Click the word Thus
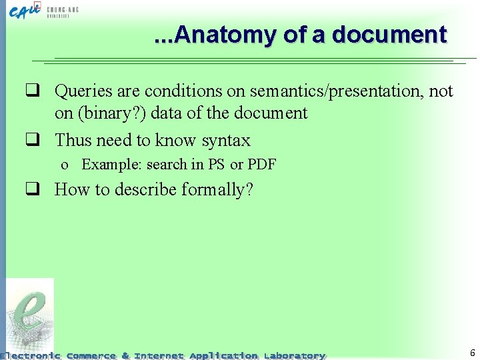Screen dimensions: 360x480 click(73, 141)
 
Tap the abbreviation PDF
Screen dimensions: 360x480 click(262, 165)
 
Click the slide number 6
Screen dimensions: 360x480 click(472, 353)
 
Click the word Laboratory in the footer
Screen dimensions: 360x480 click(294, 356)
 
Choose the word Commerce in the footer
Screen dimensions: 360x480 click(91, 356)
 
